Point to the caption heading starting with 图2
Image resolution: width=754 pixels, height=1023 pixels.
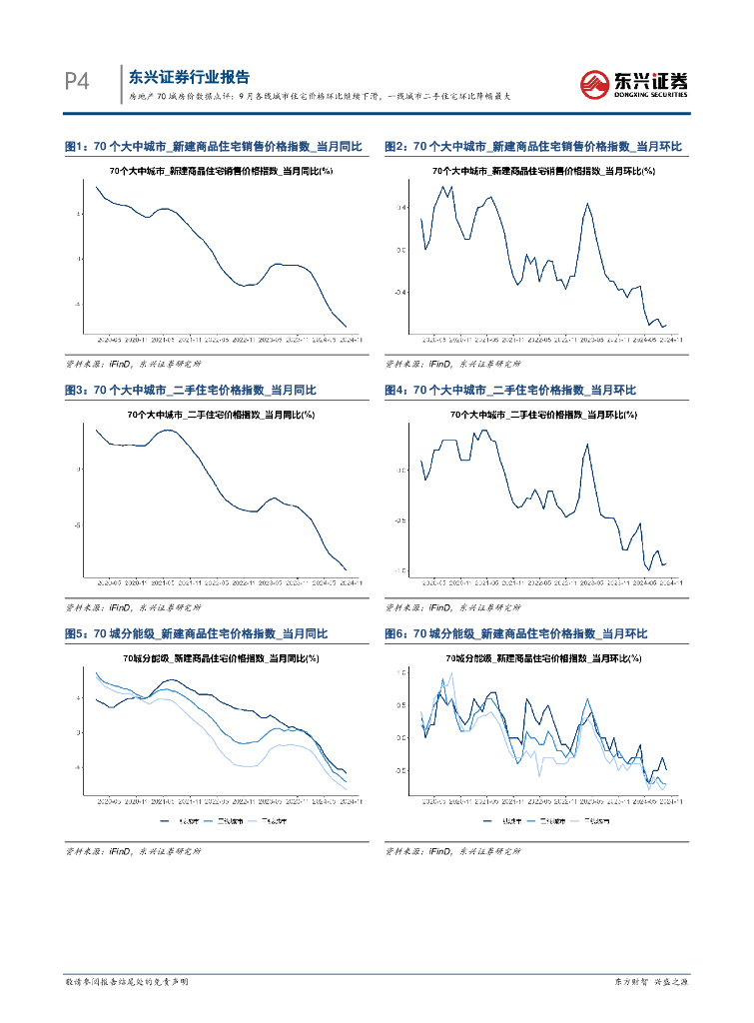click(532, 147)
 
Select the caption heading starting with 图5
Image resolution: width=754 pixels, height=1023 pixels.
click(196, 634)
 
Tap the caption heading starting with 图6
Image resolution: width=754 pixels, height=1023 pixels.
click(516, 634)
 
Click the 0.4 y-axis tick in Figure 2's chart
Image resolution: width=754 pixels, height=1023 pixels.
click(400, 208)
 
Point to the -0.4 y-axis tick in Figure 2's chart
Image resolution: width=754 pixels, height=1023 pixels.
click(399, 293)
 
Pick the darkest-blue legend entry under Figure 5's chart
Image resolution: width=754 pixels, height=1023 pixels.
click(181, 821)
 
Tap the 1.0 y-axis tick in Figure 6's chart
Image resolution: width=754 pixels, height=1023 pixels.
click(400, 673)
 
